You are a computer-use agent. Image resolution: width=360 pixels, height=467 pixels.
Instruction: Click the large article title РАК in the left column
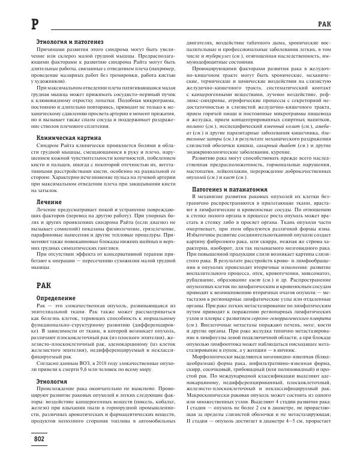point(30,267)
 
